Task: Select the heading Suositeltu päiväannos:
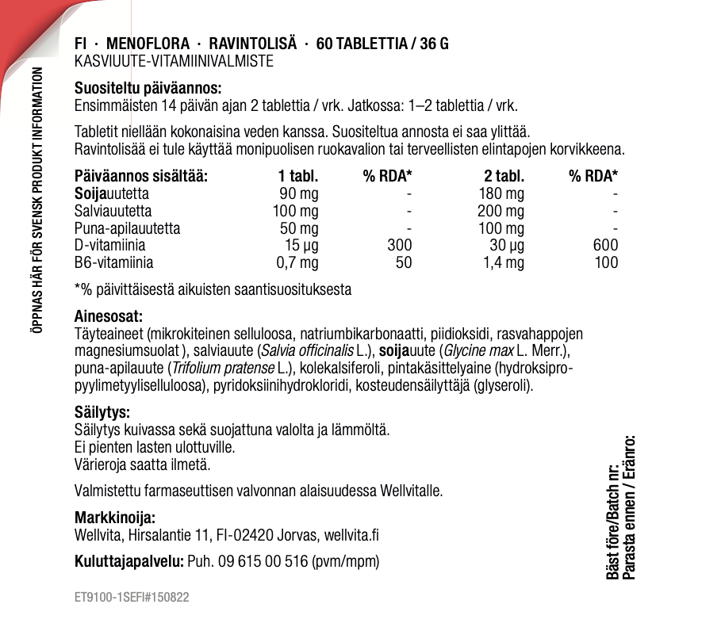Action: [148, 88]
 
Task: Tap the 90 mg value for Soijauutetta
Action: [300, 193]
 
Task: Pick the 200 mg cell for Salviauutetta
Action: [500, 211]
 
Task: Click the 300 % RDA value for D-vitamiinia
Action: [399, 245]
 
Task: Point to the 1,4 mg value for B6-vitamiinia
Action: [504, 262]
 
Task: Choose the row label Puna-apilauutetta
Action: [127, 228]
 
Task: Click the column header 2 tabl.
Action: [504, 176]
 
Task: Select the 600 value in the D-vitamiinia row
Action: [605, 245]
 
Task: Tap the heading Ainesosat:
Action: [108, 316]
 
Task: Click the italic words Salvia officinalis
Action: [308, 350]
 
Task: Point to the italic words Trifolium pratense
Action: [223, 368]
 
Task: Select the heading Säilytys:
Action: [102, 412]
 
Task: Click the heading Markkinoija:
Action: [114, 518]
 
